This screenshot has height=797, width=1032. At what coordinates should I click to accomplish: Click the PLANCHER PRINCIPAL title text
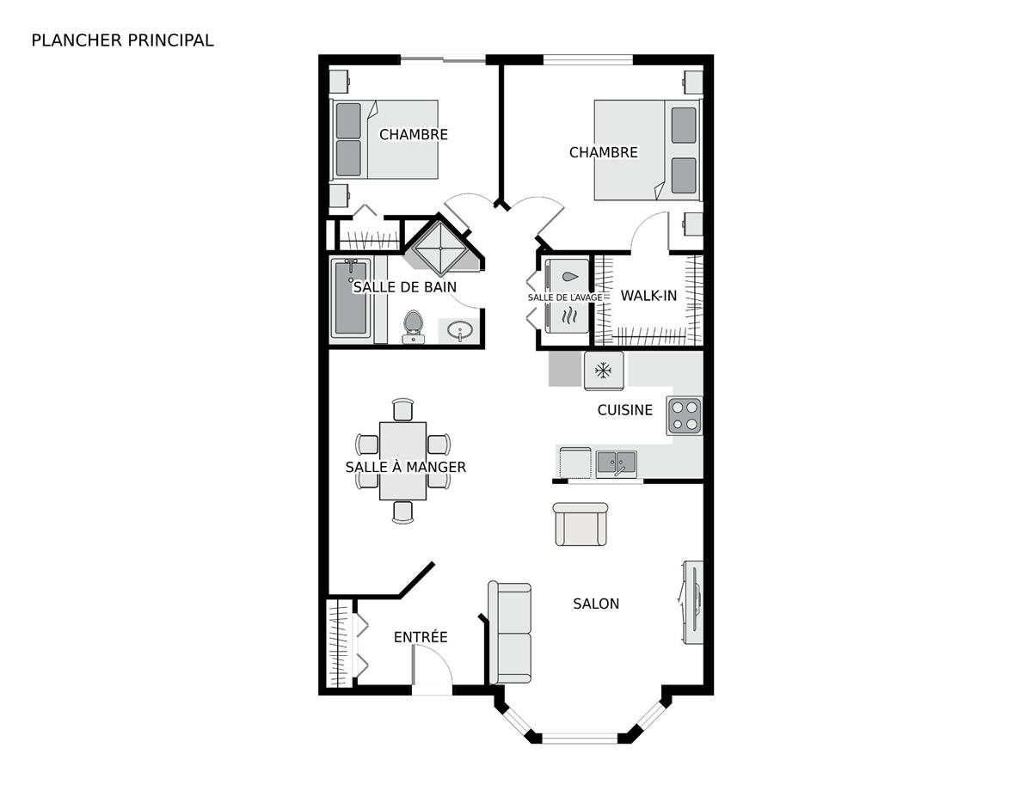click(x=122, y=40)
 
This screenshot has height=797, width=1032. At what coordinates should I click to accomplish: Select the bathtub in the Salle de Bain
click(x=350, y=300)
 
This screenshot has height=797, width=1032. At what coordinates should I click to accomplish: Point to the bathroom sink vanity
click(x=462, y=331)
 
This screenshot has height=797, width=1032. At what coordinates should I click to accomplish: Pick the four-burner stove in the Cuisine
click(x=685, y=415)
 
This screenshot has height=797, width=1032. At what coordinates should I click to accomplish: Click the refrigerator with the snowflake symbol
click(x=604, y=371)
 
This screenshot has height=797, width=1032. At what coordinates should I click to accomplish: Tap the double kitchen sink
click(x=617, y=463)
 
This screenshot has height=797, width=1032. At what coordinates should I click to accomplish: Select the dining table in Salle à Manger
click(x=403, y=460)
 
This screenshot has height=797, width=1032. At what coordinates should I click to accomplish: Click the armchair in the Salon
click(x=580, y=525)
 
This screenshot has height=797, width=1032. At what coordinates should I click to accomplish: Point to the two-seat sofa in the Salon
click(x=510, y=632)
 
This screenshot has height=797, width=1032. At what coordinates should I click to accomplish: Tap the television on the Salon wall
click(x=693, y=602)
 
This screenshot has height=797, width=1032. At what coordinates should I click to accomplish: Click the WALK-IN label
click(x=649, y=296)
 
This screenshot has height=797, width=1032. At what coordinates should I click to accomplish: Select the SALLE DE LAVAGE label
click(x=565, y=297)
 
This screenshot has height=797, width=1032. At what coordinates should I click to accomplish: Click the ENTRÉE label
click(x=421, y=637)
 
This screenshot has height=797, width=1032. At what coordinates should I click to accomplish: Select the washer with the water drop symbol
click(x=568, y=278)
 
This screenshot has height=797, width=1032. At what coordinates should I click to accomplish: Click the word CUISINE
click(x=625, y=410)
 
